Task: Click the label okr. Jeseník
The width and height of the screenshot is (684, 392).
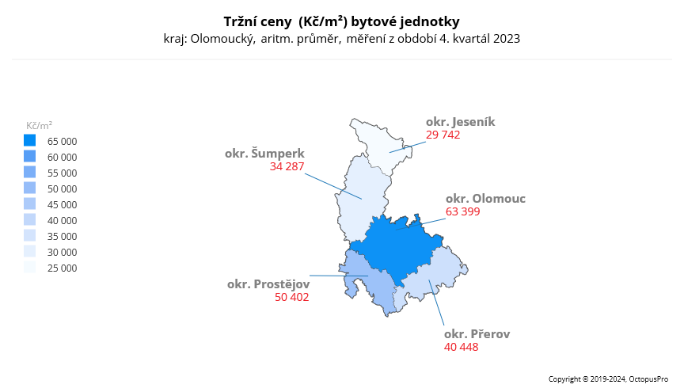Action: [460, 122]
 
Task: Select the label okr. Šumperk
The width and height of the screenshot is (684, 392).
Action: [264, 154]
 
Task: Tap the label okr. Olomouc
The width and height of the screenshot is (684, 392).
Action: [485, 199]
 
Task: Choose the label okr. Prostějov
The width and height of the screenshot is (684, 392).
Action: [268, 284]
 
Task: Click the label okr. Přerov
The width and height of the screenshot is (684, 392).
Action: [477, 334]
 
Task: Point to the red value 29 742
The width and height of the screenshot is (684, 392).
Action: [443, 135]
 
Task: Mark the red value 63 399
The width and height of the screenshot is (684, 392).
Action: [462, 211]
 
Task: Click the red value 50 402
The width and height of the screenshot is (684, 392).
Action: [291, 298]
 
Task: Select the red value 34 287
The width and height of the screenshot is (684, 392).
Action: [287, 167]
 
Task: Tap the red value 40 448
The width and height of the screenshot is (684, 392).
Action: [461, 347]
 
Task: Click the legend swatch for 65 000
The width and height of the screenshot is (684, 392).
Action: [30, 141]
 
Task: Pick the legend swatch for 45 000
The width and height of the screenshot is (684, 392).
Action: [30, 204]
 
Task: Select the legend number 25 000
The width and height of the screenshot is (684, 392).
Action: [63, 268]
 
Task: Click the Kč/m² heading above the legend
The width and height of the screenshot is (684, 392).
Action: [39, 125]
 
